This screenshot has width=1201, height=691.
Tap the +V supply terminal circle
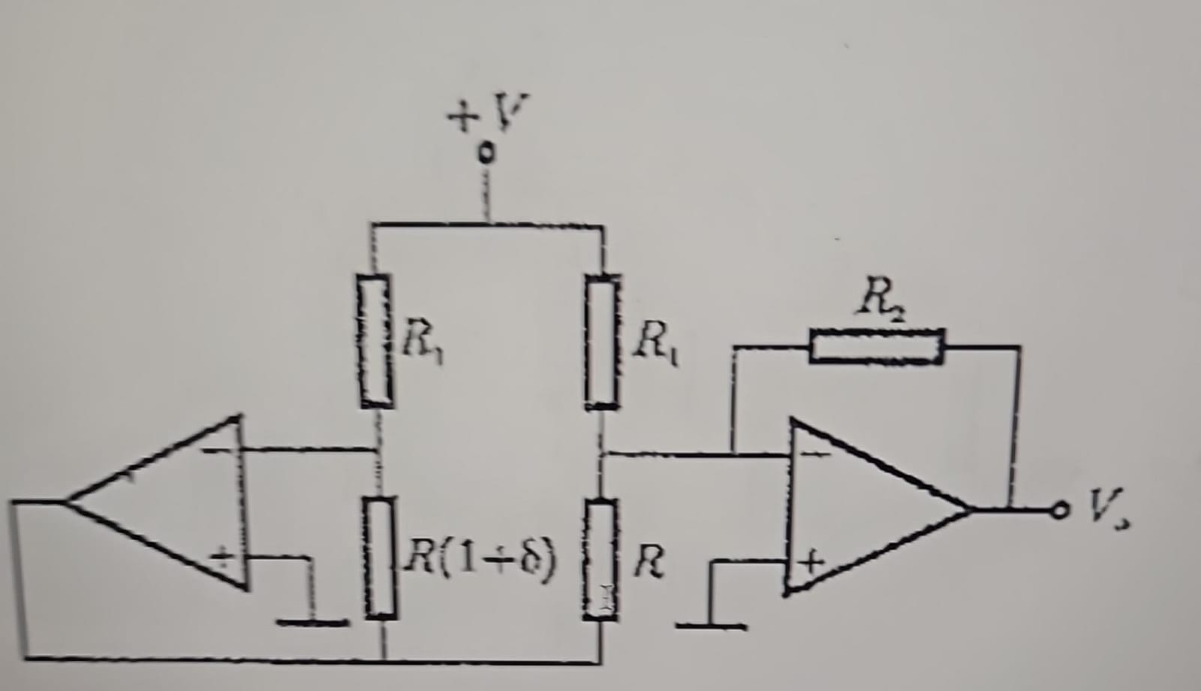[x=487, y=153]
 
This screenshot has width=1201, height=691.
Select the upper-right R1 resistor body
[x=602, y=342]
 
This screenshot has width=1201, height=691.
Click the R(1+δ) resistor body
[x=381, y=558]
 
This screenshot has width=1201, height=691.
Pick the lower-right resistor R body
[x=601, y=560]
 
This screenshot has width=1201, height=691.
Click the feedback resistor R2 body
[x=877, y=345]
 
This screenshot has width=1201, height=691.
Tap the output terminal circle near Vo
[x=1059, y=511]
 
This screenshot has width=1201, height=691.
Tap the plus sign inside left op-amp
[x=224, y=557]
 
